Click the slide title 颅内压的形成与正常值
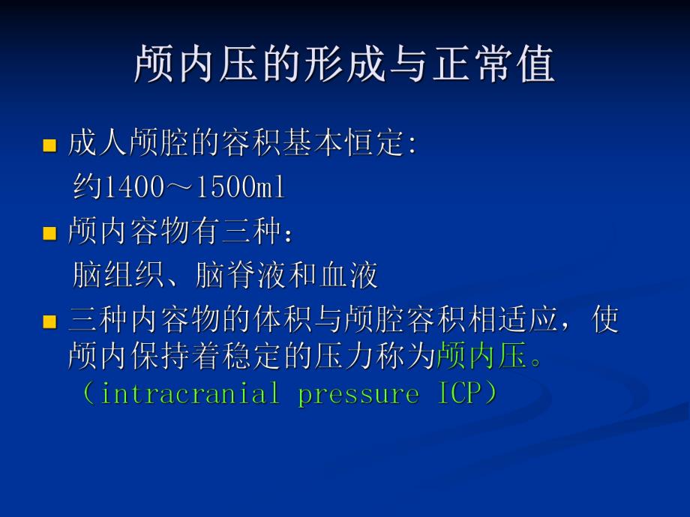[345, 64]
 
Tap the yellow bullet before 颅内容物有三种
[49, 234]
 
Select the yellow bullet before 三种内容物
[49, 323]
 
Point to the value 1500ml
[240, 188]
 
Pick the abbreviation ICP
[457, 393]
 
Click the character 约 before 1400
[86, 188]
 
